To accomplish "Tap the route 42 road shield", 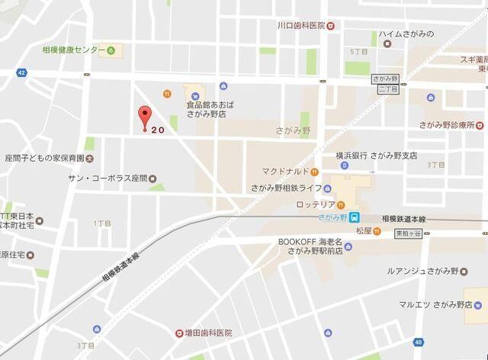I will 21,72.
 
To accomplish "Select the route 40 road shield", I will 418,341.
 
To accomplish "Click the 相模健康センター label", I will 74,50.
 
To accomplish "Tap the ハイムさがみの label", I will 406,34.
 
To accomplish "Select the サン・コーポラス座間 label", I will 108,178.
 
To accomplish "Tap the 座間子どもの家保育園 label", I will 44,159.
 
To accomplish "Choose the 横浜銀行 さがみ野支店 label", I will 377,156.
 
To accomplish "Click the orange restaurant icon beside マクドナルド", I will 314,171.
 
